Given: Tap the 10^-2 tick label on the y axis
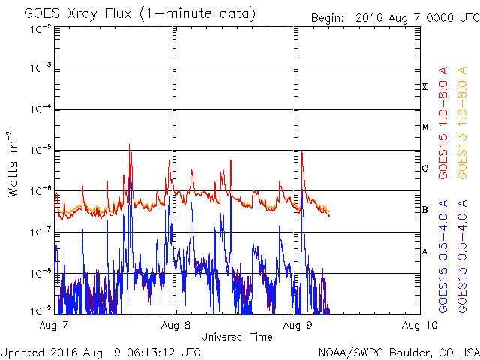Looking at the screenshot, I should [x=40, y=28].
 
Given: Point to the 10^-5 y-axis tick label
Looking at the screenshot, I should [x=40, y=150].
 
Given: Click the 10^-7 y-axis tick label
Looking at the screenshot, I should [x=40, y=232].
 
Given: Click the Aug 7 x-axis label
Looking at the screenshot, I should [x=55, y=325].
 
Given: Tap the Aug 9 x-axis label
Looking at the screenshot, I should [x=298, y=325].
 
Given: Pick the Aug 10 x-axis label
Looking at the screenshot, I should [x=418, y=325].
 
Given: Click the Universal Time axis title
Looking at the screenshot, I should [x=237, y=337].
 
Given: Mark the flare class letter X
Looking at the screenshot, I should [x=424, y=87].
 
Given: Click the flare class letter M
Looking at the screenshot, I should [x=424, y=127].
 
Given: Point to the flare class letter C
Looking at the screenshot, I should [x=424, y=169].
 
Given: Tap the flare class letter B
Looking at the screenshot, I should [x=424, y=209].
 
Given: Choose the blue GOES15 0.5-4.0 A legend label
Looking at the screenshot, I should [x=443, y=256].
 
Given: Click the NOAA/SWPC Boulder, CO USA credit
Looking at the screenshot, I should [x=398, y=352].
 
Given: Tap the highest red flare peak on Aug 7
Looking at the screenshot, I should [x=130, y=144].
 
